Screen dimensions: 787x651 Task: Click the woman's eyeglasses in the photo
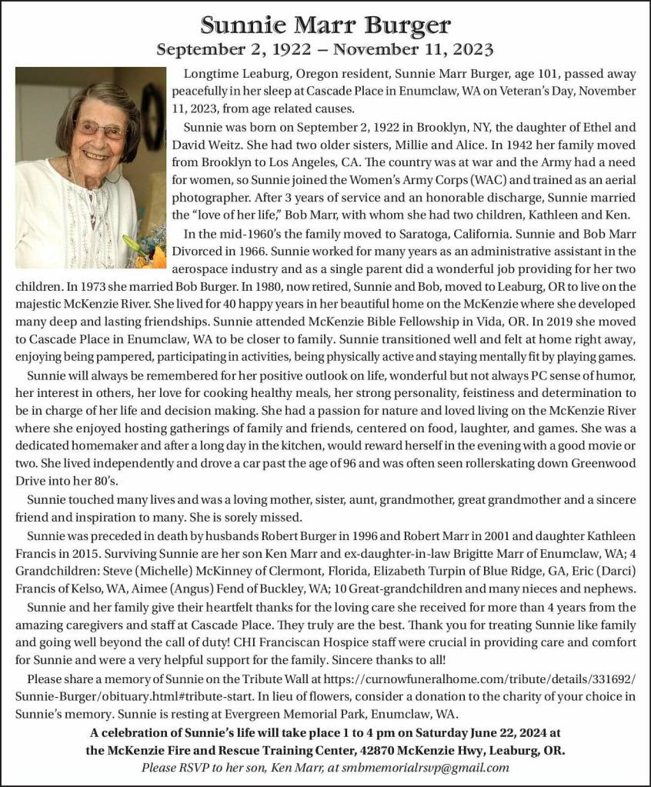(x=99, y=128)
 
